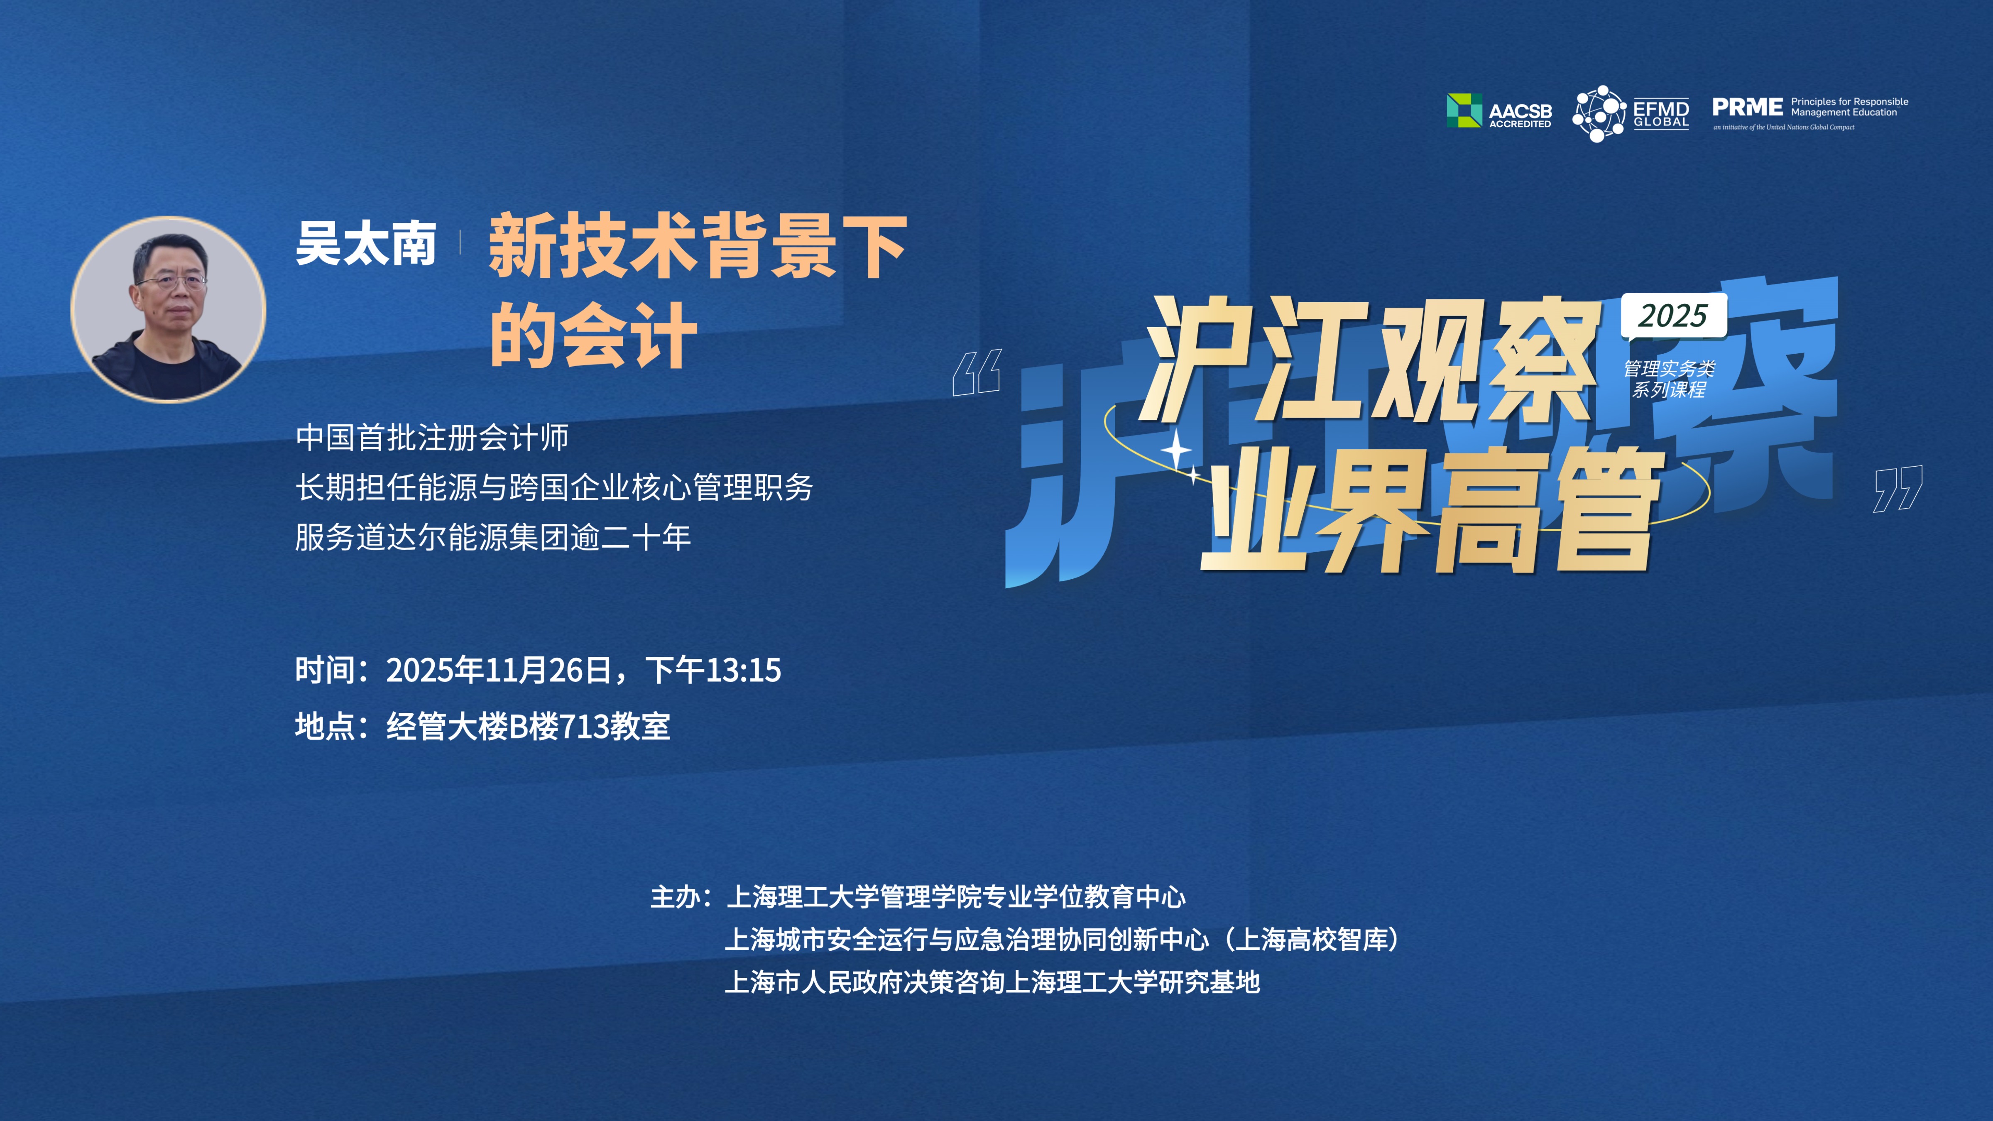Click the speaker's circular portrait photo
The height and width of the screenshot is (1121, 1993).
pos(169,309)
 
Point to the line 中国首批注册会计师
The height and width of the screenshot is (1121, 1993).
pos(432,437)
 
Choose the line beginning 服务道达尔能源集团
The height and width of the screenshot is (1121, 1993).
pos(493,537)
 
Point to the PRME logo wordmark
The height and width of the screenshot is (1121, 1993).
pos(1747,107)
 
